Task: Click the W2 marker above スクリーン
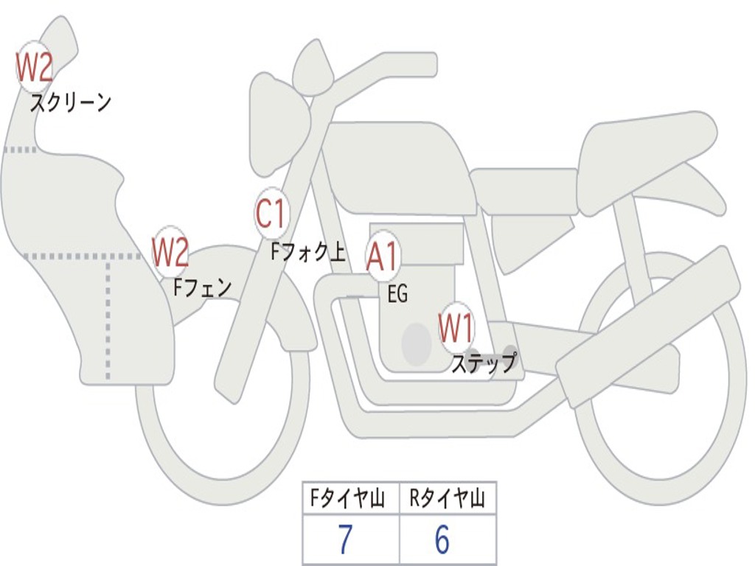(x=34, y=67)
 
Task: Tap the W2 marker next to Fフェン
(x=170, y=252)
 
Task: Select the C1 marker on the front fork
(x=272, y=213)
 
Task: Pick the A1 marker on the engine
(x=383, y=256)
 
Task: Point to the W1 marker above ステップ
(x=456, y=328)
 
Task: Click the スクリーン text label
(x=71, y=103)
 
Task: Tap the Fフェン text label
(x=203, y=288)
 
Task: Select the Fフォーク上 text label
(x=308, y=252)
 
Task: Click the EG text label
(x=397, y=293)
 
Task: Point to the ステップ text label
(x=484, y=363)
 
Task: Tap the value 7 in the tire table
(x=345, y=539)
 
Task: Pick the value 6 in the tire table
(x=442, y=539)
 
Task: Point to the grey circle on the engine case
(x=417, y=344)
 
